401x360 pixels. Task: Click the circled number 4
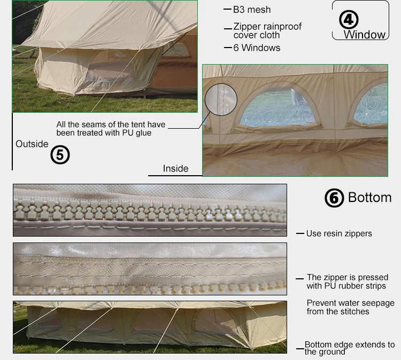pyautogui.click(x=349, y=20)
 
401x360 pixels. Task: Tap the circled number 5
pyautogui.click(x=60, y=155)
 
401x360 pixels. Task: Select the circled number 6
pyautogui.click(x=334, y=198)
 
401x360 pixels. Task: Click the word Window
pyautogui.click(x=364, y=35)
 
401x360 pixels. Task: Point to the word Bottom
pyautogui.click(x=369, y=197)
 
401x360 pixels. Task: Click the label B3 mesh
pyautogui.click(x=252, y=10)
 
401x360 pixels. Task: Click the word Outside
pyautogui.click(x=32, y=144)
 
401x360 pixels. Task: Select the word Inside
pyautogui.click(x=176, y=168)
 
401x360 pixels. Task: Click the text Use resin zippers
pyautogui.click(x=339, y=233)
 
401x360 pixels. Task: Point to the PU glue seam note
pyautogui.click(x=111, y=129)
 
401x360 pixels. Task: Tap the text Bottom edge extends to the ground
pyautogui.click(x=350, y=348)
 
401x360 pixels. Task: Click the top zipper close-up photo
pyautogui.click(x=150, y=210)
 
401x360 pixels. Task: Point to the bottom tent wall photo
pyautogui.click(x=150, y=326)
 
